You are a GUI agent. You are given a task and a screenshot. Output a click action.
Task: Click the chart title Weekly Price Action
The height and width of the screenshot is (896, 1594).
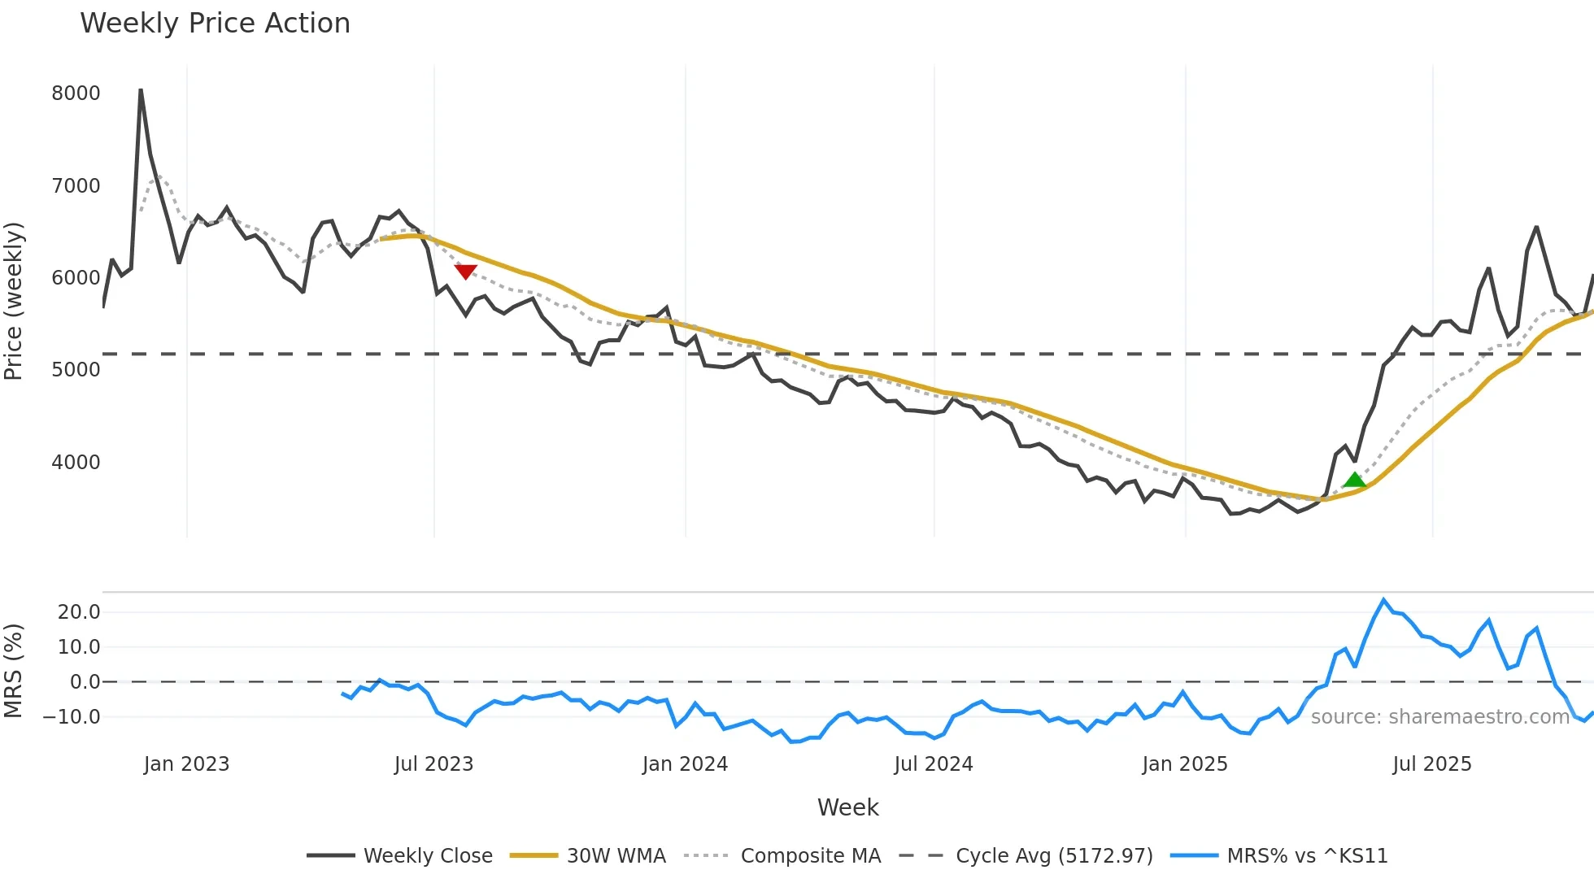pos(215,24)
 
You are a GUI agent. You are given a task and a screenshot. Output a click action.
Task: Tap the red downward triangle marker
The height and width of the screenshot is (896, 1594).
pos(465,272)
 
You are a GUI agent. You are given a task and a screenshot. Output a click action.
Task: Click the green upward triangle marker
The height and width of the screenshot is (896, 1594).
pos(1354,480)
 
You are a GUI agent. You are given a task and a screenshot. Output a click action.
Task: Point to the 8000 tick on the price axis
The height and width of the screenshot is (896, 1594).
pos(76,94)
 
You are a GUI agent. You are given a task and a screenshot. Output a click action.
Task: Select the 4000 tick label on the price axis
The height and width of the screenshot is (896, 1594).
pos(76,463)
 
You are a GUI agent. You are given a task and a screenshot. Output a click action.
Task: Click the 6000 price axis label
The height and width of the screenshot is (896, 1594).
pos(76,278)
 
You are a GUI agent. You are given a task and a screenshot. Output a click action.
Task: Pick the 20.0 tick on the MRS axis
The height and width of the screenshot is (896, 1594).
pos(79,612)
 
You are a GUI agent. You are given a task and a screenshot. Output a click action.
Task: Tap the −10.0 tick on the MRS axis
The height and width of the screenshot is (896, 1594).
pos(72,717)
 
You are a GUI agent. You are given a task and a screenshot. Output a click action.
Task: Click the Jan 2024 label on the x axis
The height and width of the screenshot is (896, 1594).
pos(685,764)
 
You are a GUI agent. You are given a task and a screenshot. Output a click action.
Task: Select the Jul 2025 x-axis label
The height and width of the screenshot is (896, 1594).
pos(1431,764)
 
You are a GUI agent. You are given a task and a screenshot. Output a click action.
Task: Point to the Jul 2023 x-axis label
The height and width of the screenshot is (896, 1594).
pos(433,764)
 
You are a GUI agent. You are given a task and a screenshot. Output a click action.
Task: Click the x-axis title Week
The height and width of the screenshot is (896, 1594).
pos(847,807)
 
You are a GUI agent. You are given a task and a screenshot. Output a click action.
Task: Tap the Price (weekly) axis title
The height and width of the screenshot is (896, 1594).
pos(14,301)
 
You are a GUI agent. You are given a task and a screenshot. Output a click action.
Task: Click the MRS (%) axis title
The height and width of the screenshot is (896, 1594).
pos(14,671)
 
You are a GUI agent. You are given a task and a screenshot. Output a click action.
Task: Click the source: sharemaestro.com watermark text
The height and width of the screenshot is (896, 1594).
pos(1439,717)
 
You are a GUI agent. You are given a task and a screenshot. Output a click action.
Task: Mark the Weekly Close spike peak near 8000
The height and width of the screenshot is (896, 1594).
pos(141,90)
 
